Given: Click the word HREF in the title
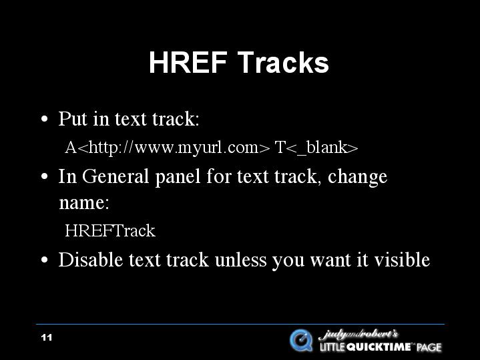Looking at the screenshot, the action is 188,62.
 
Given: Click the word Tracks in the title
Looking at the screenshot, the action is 283,62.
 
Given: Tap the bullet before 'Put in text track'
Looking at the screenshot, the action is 44,119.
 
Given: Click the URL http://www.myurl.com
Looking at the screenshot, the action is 174,148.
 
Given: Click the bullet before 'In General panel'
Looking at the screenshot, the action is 44,177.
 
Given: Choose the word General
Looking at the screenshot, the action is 115,176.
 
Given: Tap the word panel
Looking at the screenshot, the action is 178,177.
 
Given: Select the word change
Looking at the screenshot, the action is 357,177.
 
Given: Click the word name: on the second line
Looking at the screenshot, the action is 84,203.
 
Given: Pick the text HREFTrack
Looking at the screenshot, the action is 110,230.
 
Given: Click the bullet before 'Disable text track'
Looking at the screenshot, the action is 44,260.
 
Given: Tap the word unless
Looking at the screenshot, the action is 240,260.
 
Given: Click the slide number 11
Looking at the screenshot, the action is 47,338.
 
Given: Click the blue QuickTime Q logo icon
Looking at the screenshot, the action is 302,341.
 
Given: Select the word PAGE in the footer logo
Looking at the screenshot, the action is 429,347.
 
